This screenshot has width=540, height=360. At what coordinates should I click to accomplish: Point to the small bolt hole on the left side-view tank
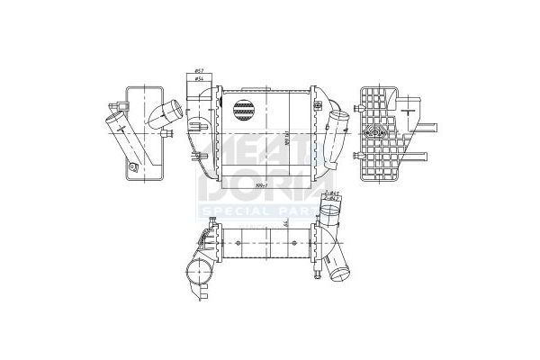(133, 166)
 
